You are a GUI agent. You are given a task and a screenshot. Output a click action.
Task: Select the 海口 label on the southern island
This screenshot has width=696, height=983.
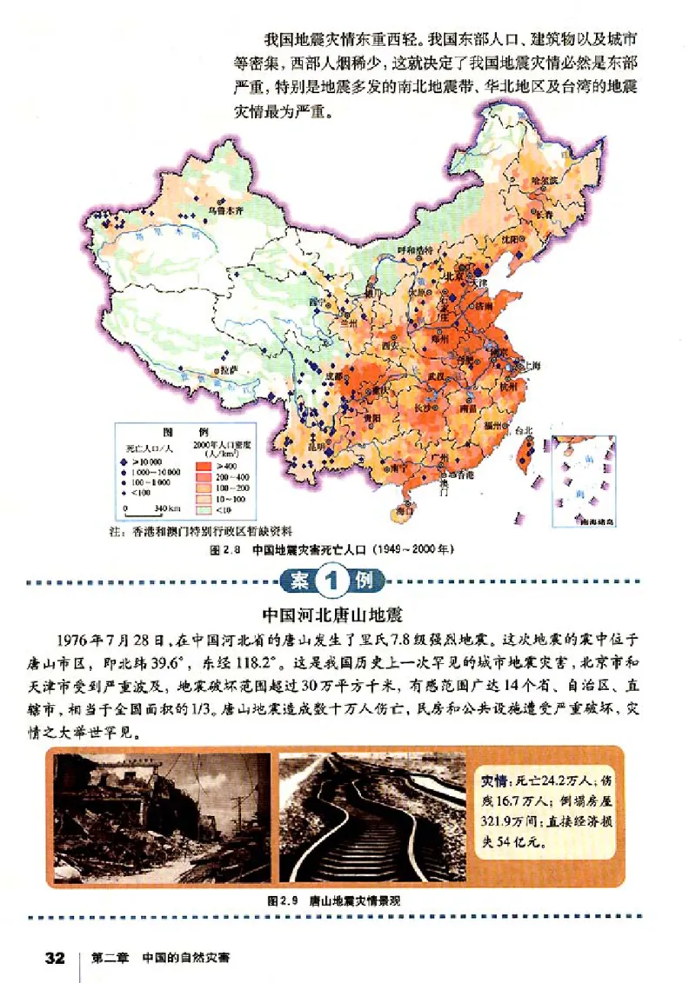pyautogui.click(x=404, y=510)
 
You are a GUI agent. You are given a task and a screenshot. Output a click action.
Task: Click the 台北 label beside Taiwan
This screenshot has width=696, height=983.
pyautogui.click(x=523, y=430)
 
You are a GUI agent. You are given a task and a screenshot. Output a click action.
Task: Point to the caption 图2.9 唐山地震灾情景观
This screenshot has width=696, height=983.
pyautogui.click(x=335, y=901)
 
